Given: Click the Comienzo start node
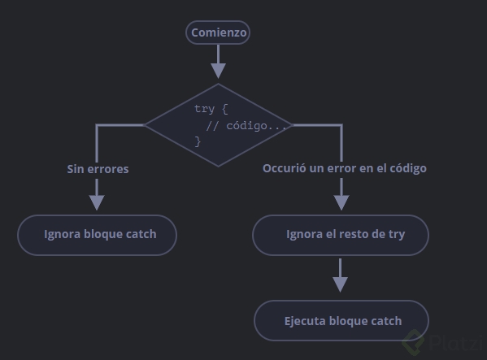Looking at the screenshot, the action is pyautogui.click(x=218, y=33).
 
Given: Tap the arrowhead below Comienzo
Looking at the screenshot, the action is pyautogui.click(x=218, y=71).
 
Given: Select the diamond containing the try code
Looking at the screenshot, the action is pyautogui.click(x=219, y=125).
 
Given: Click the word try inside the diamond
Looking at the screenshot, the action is pyautogui.click(x=204, y=109).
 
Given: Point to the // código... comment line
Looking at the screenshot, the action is pyautogui.click(x=246, y=126).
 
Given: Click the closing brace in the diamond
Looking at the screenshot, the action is pyautogui.click(x=198, y=142).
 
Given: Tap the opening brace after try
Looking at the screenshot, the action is pyautogui.click(x=225, y=109).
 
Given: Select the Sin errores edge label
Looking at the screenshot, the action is pyautogui.click(x=98, y=169).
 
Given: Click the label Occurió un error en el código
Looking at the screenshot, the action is pyautogui.click(x=345, y=168).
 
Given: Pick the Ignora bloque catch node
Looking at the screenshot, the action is pyautogui.click(x=98, y=235).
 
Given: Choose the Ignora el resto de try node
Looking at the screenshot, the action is pyautogui.click(x=341, y=235).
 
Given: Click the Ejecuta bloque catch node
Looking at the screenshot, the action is pyautogui.click(x=341, y=320).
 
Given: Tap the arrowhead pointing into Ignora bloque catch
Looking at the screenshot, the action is pyautogui.click(x=97, y=202).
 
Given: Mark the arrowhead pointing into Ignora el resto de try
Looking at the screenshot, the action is pyautogui.click(x=341, y=202).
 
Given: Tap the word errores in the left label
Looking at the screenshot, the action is pyautogui.click(x=108, y=170).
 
